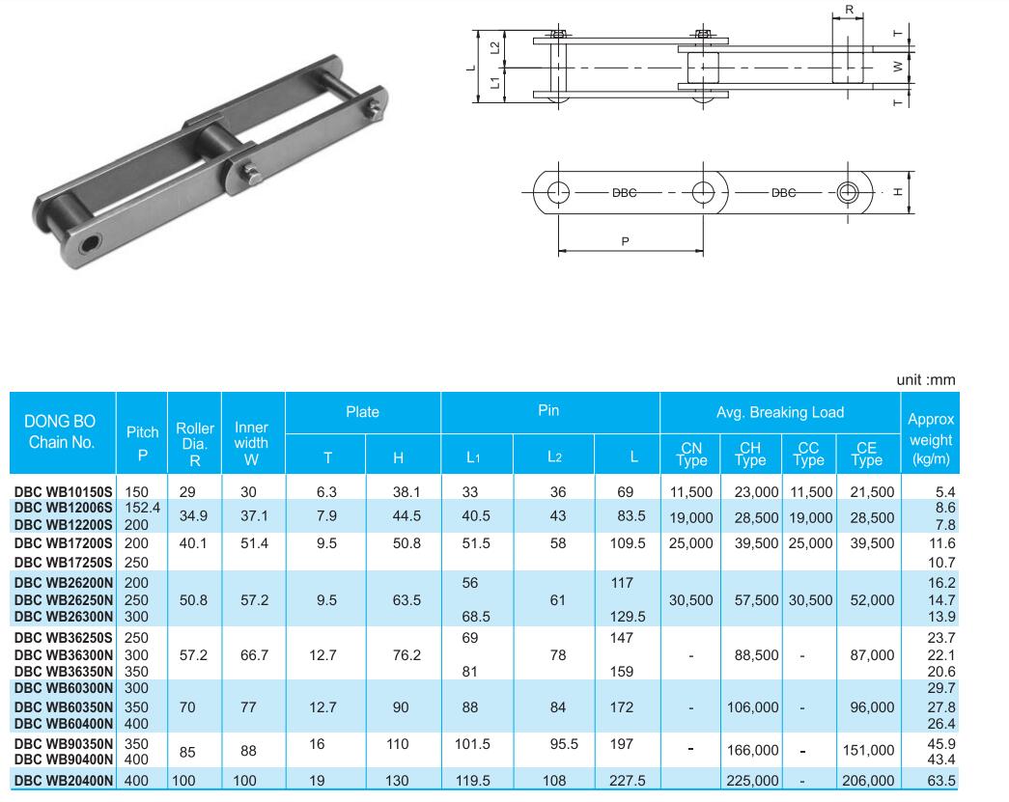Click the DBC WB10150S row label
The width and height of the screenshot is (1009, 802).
(x=63, y=492)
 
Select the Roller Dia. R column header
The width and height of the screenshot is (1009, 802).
(x=195, y=444)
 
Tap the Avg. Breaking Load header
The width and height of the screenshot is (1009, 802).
(x=780, y=412)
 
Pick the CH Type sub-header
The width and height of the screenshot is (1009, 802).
(x=750, y=454)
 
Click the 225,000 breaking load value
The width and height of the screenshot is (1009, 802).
(x=752, y=780)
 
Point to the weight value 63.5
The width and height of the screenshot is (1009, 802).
(x=940, y=780)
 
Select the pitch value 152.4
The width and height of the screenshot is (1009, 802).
(x=142, y=508)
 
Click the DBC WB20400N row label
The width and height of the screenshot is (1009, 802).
(x=63, y=781)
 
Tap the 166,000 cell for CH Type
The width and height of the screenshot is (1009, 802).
(x=752, y=750)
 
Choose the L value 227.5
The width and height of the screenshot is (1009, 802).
(x=627, y=780)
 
